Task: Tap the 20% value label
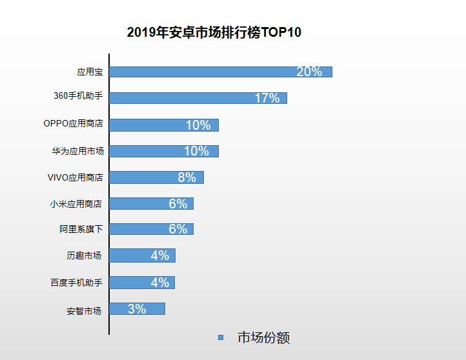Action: coord(309,72)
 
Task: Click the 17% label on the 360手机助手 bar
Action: coord(267,98)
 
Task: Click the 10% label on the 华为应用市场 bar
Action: coord(196,151)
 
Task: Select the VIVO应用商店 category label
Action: coord(75,177)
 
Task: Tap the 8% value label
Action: coord(187,177)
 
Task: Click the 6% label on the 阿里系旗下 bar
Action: coord(177,229)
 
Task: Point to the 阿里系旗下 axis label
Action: coord(81,229)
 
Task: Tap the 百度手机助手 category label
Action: coord(76,283)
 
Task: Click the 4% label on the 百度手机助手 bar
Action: coord(159,283)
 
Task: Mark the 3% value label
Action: coord(136,309)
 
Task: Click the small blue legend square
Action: coord(221,337)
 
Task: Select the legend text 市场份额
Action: coord(263,337)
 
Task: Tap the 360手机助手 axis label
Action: coord(78,97)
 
